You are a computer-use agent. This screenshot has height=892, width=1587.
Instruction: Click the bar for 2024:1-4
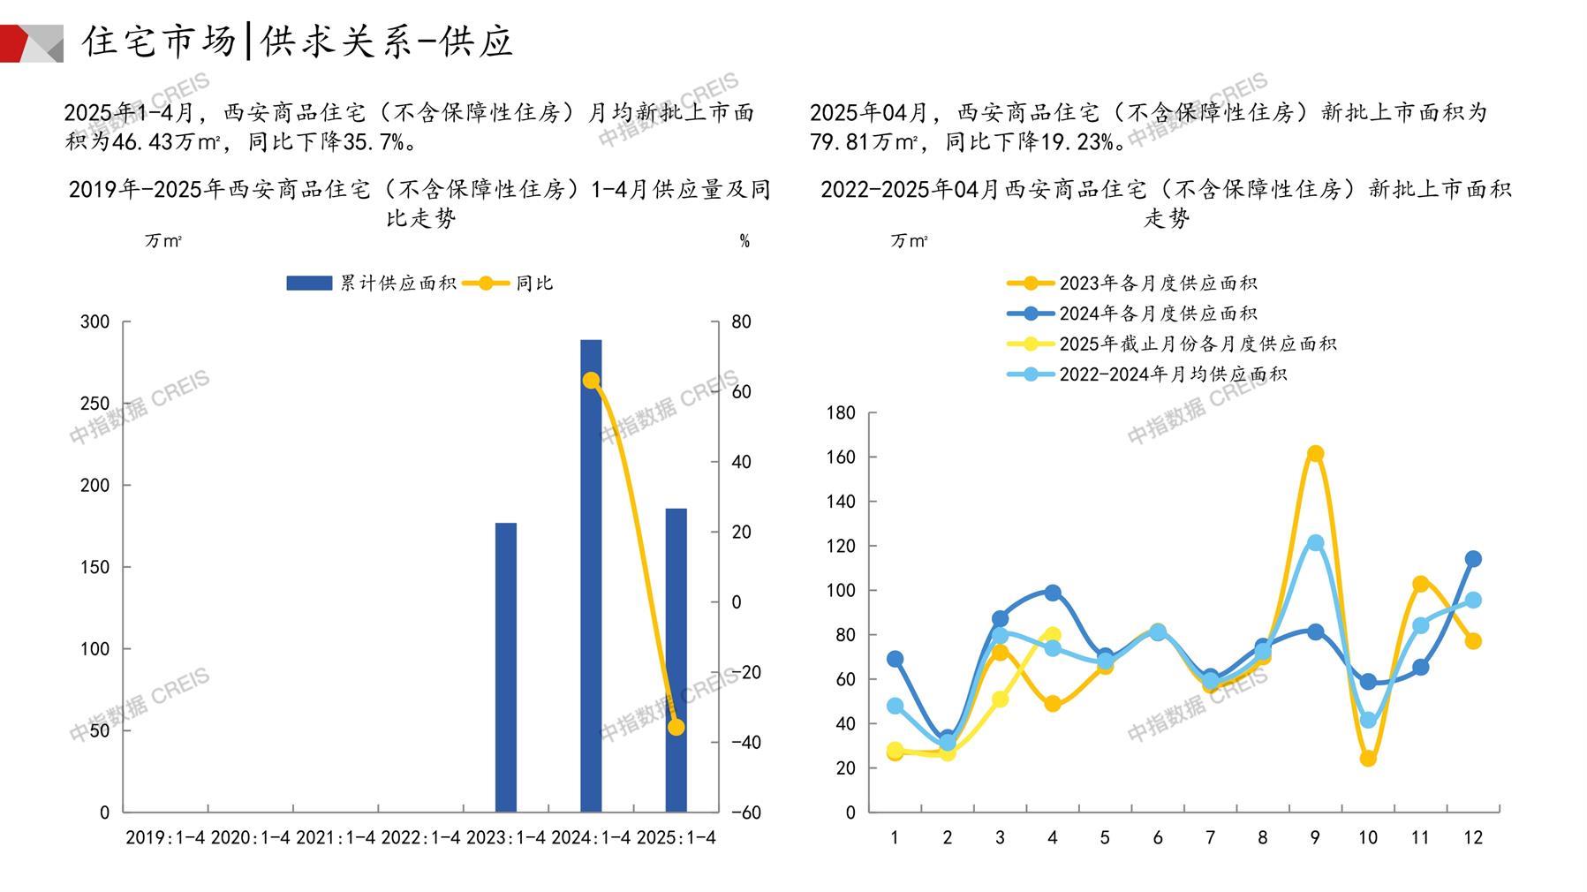click(591, 574)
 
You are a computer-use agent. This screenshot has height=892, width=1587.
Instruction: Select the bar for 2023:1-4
click(505, 667)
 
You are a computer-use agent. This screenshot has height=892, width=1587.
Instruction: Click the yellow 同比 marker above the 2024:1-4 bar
click(591, 381)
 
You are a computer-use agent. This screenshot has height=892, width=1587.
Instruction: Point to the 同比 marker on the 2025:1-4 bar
click(676, 728)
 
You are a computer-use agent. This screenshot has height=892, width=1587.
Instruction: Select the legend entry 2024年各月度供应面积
click(1157, 314)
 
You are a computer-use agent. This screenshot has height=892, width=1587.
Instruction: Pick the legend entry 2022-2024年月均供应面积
click(1172, 374)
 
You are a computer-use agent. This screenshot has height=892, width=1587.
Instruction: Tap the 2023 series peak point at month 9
click(1315, 454)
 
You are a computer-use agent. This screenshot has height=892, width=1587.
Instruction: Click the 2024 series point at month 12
click(1473, 559)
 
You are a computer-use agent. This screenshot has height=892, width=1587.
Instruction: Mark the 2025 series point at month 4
click(1052, 635)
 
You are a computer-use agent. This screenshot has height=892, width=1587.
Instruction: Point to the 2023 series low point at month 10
click(1368, 759)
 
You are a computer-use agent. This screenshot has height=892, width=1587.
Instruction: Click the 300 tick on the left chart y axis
click(95, 322)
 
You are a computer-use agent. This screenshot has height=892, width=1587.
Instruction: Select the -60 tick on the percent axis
click(746, 813)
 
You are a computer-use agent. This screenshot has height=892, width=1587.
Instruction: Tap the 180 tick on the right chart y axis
click(841, 412)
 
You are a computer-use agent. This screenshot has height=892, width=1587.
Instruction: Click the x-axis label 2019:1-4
click(165, 838)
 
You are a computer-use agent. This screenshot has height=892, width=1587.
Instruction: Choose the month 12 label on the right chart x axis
click(1473, 838)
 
